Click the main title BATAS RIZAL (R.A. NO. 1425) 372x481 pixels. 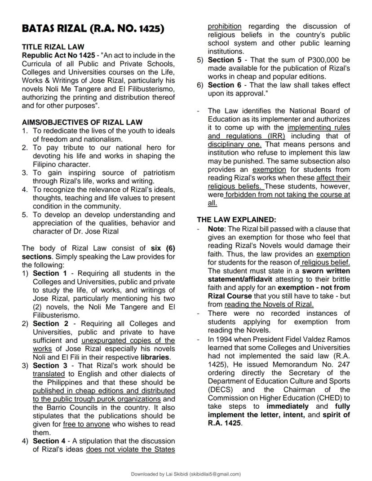click(x=93, y=29)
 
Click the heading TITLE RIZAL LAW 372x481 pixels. click(x=53, y=47)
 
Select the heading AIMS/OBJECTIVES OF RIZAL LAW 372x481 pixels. click(x=82, y=122)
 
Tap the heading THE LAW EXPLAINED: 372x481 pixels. click(x=236, y=220)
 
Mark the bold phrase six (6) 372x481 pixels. click(x=163, y=248)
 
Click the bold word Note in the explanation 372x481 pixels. click(x=216, y=229)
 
